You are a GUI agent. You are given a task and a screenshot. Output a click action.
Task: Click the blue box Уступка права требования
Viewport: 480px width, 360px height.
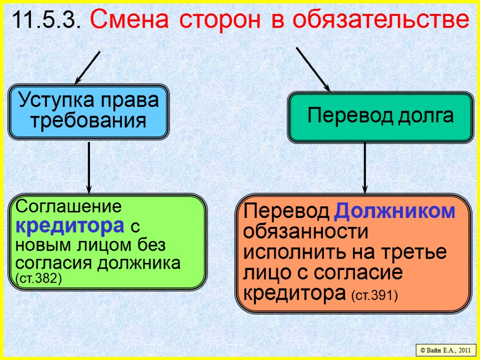[x=88, y=112]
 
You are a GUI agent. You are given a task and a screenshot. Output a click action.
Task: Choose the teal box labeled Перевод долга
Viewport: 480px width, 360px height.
[x=380, y=116]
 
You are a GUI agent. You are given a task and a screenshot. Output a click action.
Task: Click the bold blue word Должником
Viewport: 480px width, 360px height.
[x=395, y=212]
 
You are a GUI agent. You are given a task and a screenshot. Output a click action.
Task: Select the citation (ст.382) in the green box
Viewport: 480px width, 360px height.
[x=38, y=278]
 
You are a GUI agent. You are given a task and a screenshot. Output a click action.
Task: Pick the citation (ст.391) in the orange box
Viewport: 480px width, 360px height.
[x=374, y=296]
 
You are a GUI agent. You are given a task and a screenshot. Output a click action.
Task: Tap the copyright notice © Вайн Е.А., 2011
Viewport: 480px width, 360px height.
[x=445, y=350]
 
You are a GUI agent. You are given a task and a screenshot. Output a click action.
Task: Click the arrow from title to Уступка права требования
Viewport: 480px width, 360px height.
[x=88, y=67]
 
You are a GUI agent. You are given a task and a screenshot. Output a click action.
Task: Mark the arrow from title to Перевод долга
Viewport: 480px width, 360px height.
[x=313, y=68]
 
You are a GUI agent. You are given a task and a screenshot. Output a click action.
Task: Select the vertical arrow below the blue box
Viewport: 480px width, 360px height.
[x=89, y=167]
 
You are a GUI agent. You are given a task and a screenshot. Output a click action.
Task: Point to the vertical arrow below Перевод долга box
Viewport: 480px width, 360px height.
[x=365, y=168]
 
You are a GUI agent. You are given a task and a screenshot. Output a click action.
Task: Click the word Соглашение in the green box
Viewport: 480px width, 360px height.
[x=68, y=206]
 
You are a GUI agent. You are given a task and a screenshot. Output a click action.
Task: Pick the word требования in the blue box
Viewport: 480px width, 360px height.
[x=88, y=121]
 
